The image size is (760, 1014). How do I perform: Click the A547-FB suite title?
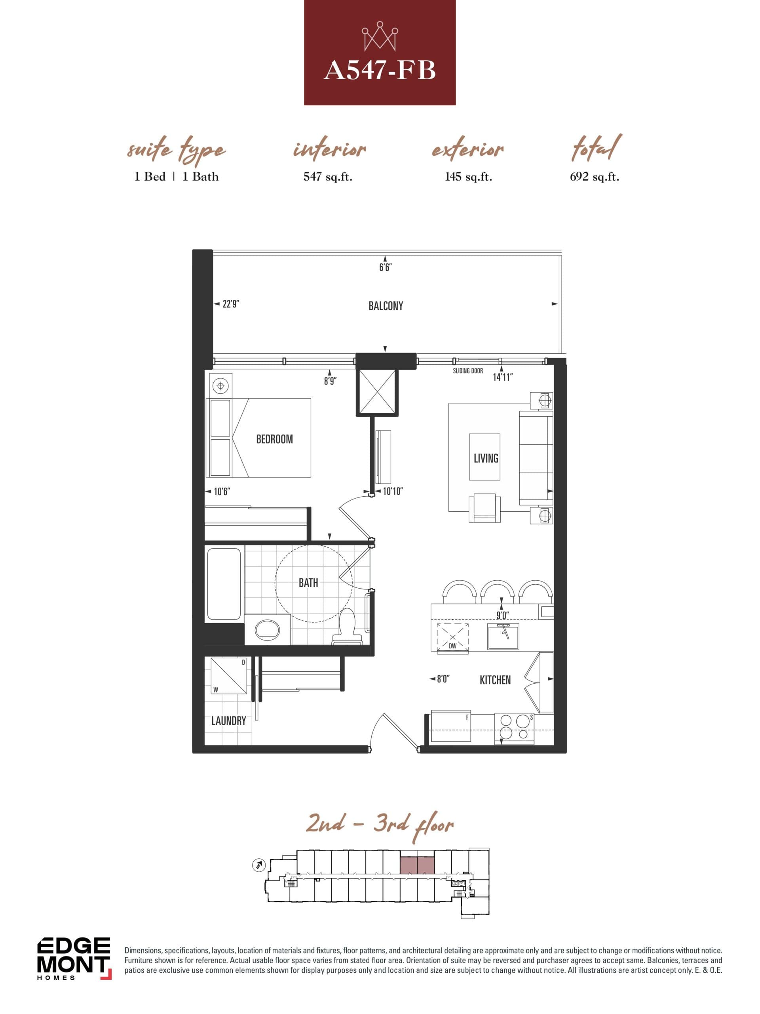[379, 71]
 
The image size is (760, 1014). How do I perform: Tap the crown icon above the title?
[379, 36]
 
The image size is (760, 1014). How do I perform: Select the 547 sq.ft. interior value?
[327, 177]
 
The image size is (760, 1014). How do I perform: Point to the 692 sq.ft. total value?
[594, 177]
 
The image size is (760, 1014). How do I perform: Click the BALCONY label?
[386, 306]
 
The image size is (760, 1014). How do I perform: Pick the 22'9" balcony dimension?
[230, 304]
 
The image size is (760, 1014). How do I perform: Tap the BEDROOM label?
[274, 439]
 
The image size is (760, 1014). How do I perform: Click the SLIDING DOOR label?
[468, 371]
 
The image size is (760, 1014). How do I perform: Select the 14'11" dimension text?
[503, 377]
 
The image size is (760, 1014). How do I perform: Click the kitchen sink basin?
[503, 636]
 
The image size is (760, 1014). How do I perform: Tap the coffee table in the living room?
[484, 457]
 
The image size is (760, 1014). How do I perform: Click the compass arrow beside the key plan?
[259, 865]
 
